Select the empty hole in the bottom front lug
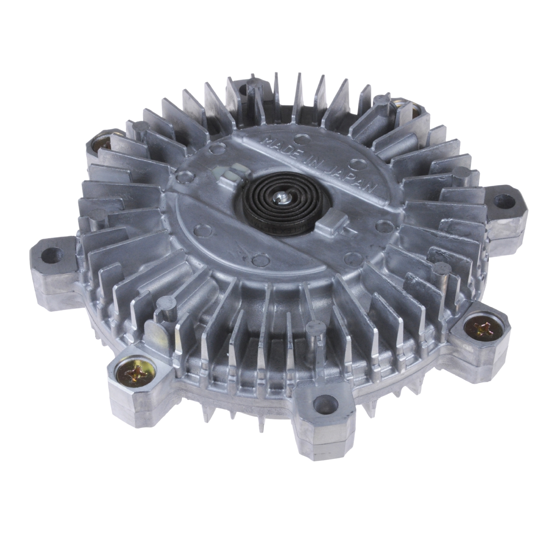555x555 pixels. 324,404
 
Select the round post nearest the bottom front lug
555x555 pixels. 314,327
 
